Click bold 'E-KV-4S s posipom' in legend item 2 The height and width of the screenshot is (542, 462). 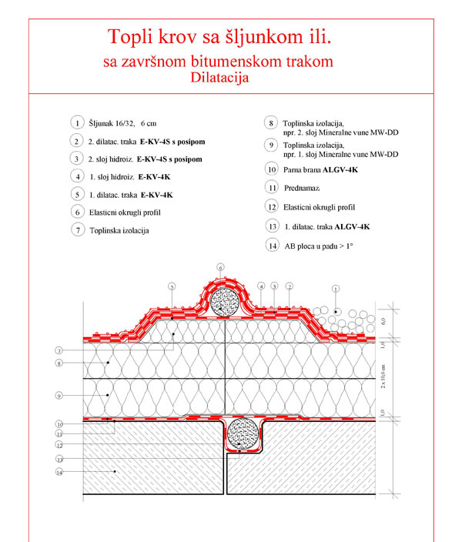[172, 142]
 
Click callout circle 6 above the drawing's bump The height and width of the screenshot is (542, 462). [220, 268]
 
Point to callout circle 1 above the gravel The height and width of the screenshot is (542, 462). [335, 289]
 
